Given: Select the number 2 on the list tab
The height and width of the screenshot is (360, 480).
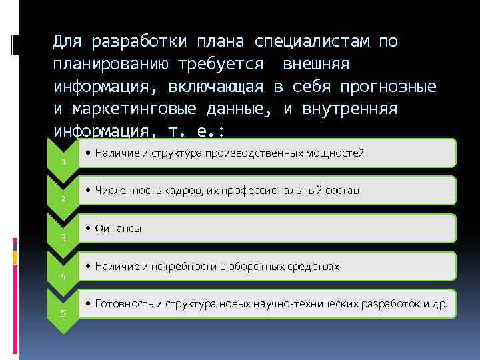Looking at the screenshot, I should coord(63,199).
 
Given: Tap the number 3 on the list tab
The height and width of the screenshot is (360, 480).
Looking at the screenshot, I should coord(63,237).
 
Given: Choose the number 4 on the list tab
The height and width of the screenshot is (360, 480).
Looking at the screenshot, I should coord(63,275).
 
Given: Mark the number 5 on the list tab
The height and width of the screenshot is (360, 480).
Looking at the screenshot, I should coord(63,313).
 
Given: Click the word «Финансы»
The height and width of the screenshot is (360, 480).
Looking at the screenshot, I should coord(119,229).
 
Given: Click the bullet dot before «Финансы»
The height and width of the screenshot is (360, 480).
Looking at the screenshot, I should coord(89,229).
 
